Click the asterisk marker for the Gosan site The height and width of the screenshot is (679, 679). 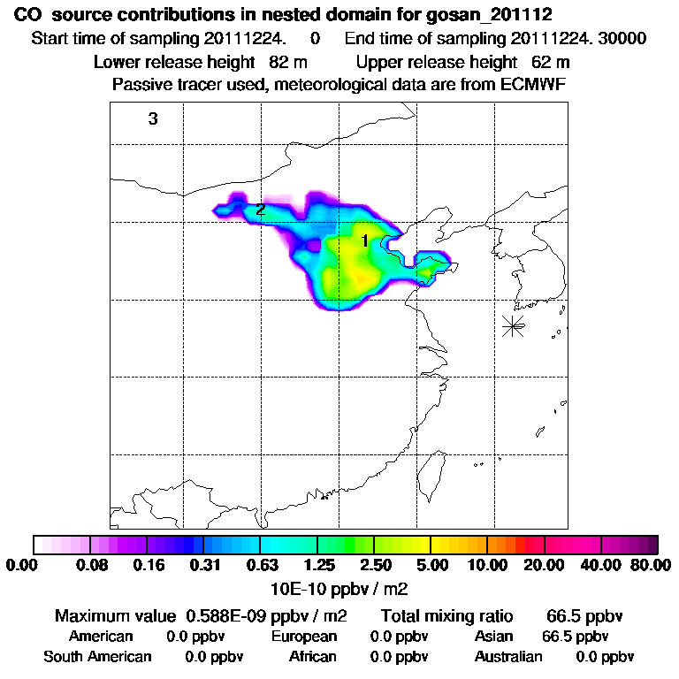click(512, 325)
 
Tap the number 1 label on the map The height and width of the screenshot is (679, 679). click(364, 240)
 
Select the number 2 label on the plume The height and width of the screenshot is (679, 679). click(260, 210)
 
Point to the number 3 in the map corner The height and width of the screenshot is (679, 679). click(153, 118)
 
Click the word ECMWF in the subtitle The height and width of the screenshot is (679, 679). click(532, 85)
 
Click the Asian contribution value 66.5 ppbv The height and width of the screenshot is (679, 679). click(574, 637)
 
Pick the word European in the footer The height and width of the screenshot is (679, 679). click(304, 637)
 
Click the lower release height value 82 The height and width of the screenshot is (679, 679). click(267, 62)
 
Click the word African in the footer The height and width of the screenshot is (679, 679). click(313, 657)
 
